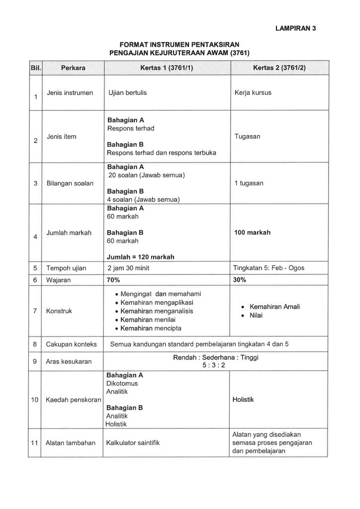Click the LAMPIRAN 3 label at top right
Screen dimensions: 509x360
pos(295,28)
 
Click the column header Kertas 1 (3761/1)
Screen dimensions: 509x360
pos(167,68)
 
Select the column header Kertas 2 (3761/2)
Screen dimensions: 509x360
pos(279,68)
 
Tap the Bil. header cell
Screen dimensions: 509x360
pos(35,68)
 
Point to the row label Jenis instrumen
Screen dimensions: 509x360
pos(70,93)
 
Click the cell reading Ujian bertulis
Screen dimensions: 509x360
pos(127,93)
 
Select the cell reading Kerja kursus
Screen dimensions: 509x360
pos(253,93)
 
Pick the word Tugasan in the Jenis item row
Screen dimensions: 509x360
pos(247,136)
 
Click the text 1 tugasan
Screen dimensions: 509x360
pos(249,183)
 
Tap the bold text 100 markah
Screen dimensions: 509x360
pos(252,233)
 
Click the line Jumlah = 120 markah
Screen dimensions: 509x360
pos(140,257)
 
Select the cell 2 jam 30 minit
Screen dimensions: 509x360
pos(129,268)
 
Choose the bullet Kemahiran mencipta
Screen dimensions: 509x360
pos(151,329)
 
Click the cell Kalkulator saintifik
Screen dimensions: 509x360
pos(133,442)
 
